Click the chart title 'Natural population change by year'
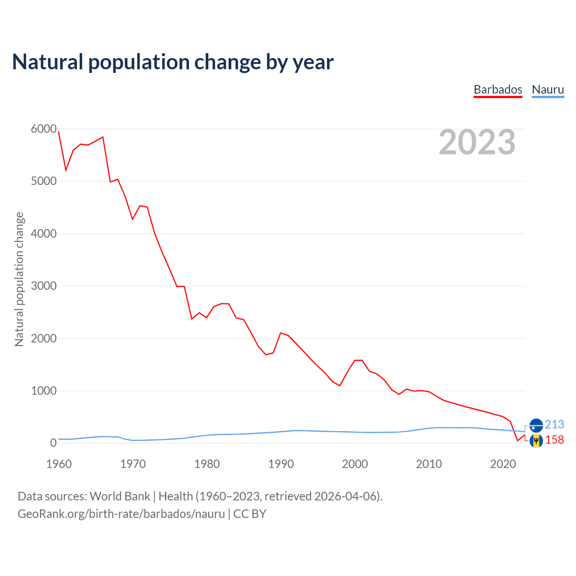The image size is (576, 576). click(173, 62)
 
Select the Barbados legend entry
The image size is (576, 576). click(498, 90)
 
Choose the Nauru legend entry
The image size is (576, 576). click(548, 90)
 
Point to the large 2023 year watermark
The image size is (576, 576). click(477, 142)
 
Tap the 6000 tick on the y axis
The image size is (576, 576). click(44, 129)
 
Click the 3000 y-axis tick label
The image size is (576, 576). click(44, 286)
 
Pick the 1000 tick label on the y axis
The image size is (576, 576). click(44, 391)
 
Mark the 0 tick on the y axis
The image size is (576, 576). click(54, 443)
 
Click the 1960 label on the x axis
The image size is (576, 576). click(59, 464)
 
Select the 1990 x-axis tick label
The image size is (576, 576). click(281, 464)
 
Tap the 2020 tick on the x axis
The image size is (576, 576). click(503, 464)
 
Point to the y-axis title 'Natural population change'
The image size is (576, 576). click(19, 279)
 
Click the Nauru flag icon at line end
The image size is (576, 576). click(536, 425)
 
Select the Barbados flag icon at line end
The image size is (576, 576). click(536, 441)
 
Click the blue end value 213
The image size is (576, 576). click(554, 424)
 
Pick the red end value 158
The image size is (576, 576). click(554, 440)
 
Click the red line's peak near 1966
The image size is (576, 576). click(103, 137)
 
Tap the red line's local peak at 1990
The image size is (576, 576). click(281, 333)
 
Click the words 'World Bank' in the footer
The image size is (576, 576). click(120, 496)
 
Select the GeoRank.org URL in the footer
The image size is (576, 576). click(121, 514)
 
